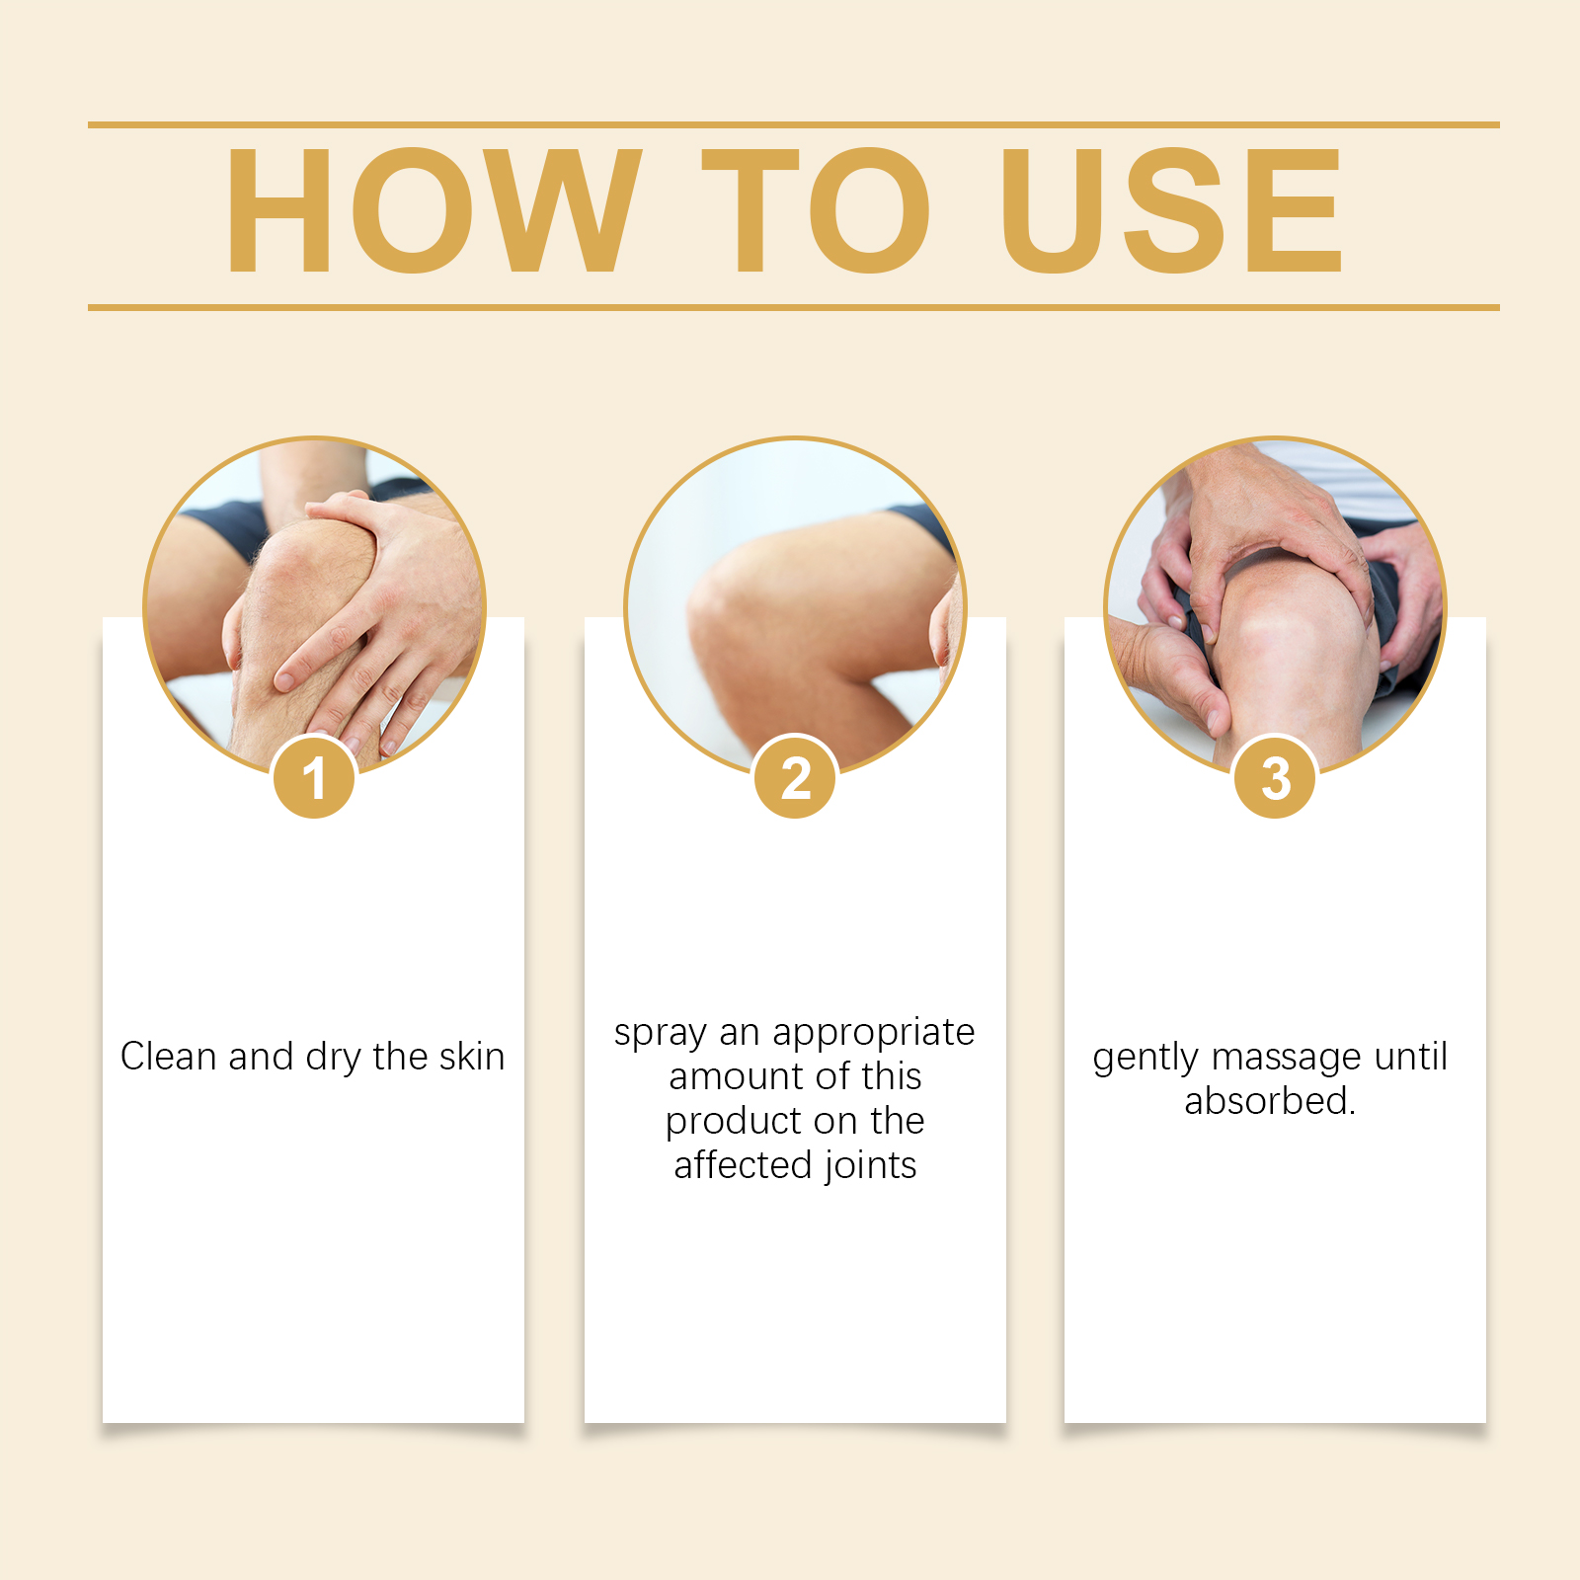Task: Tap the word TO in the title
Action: (817, 209)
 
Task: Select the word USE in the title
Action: (1171, 209)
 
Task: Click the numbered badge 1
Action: (314, 777)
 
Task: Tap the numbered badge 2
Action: (795, 777)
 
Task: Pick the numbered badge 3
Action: (1275, 777)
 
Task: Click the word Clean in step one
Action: (168, 1056)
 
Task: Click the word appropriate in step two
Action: (874, 1033)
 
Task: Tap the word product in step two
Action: (733, 1121)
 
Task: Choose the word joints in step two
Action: (870, 1166)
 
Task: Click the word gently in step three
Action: (1145, 1058)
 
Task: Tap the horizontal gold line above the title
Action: (794, 125)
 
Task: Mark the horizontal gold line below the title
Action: (794, 307)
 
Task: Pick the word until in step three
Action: (1411, 1056)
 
